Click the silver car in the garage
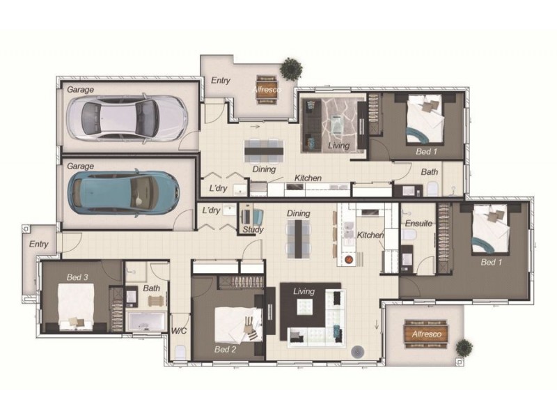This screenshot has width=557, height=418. click(x=127, y=118)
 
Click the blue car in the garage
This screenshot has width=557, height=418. click(x=123, y=193)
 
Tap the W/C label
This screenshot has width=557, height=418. click(x=179, y=331)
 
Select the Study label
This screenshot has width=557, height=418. click(x=253, y=230)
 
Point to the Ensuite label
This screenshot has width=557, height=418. click(x=418, y=223)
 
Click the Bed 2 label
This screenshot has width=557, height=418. click(x=225, y=350)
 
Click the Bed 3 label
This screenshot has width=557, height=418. click(x=77, y=277)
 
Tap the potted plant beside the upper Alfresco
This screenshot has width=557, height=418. click(x=291, y=68)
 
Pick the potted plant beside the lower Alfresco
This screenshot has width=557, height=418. click(x=464, y=347)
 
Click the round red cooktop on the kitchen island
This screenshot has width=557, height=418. click(x=349, y=260)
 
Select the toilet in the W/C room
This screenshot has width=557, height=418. click(x=180, y=353)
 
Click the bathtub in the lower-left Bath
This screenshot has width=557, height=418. click(x=146, y=322)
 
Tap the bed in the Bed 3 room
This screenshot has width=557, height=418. click(x=76, y=307)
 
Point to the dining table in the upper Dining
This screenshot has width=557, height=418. click(x=264, y=150)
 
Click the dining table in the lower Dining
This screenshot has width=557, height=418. click(x=299, y=239)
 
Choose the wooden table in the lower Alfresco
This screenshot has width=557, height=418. click(x=426, y=334)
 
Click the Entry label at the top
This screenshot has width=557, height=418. click(x=221, y=80)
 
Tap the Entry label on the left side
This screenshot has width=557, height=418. click(x=39, y=245)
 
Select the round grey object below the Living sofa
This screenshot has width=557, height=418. click(x=357, y=352)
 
